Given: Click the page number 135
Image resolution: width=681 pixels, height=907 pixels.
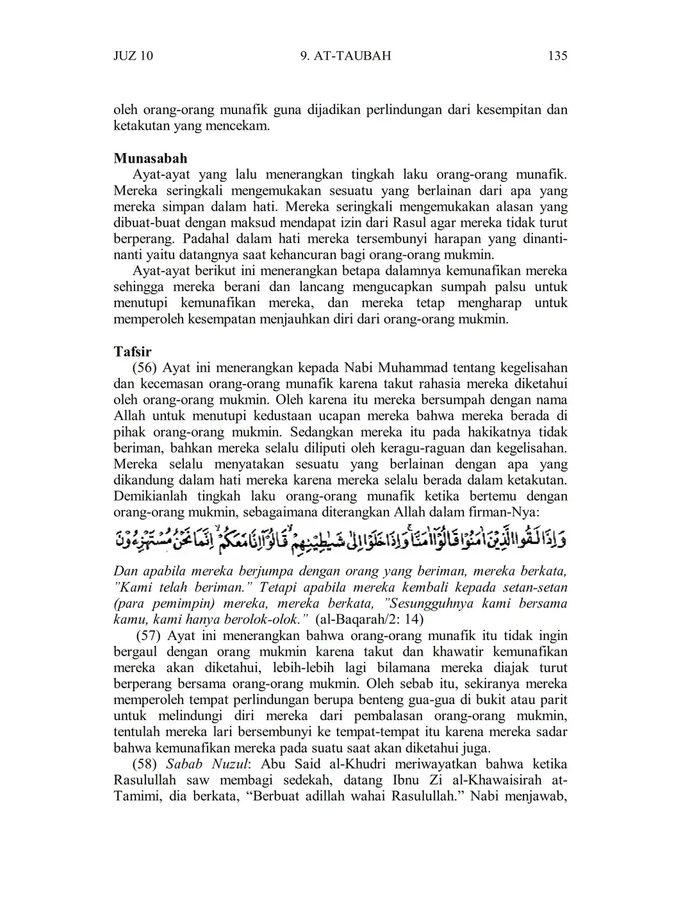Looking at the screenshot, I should click(x=557, y=56).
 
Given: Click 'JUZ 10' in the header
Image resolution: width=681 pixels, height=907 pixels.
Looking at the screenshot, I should click(x=133, y=56).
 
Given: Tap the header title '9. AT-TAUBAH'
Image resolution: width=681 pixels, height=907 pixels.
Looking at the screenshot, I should click(x=345, y=56).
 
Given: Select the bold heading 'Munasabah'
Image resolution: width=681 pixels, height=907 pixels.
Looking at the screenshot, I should click(x=151, y=158).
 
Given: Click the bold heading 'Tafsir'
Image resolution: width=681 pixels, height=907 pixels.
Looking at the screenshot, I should click(x=133, y=351).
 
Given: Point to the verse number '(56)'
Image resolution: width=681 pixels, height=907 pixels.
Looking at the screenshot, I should click(x=145, y=368).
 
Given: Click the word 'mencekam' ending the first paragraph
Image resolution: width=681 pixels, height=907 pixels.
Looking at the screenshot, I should click(x=241, y=126).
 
